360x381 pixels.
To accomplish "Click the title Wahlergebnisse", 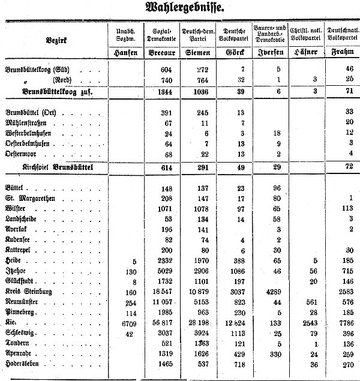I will (x=180, y=9).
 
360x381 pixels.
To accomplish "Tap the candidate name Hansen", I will (x=127, y=53).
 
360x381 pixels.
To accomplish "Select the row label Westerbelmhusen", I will (x=31, y=133).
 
